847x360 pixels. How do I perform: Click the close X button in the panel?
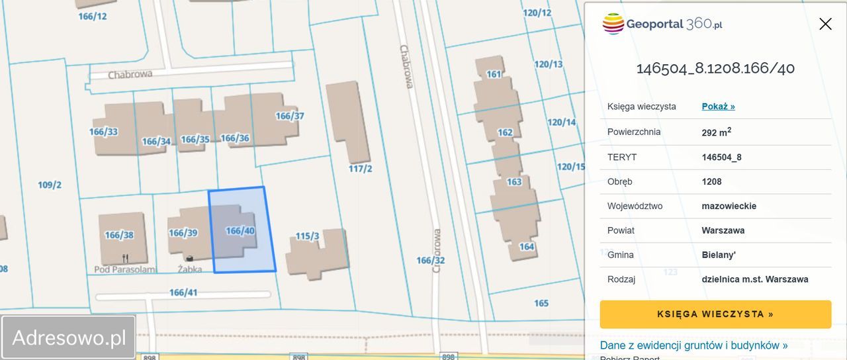tap(825, 24)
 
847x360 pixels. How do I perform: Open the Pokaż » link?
tap(718, 107)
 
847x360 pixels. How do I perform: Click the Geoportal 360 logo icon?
tap(613, 24)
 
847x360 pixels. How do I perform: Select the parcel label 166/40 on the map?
tap(240, 231)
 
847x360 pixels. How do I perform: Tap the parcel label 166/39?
tap(183, 233)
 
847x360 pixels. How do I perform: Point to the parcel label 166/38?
tap(119, 235)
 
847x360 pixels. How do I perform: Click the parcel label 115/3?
tap(307, 236)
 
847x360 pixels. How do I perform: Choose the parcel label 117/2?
tap(361, 169)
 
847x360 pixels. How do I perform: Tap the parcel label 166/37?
tap(289, 116)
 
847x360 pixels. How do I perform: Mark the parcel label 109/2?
tap(50, 185)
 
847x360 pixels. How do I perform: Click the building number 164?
tap(527, 247)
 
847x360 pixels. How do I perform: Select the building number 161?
tap(494, 74)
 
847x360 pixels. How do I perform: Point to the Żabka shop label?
tap(189, 269)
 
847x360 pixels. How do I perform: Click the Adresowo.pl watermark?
tap(69, 337)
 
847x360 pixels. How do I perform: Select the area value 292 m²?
tap(716, 132)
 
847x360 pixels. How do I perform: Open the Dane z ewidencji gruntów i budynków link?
tap(693, 345)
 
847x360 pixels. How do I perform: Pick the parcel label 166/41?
tap(183, 292)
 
